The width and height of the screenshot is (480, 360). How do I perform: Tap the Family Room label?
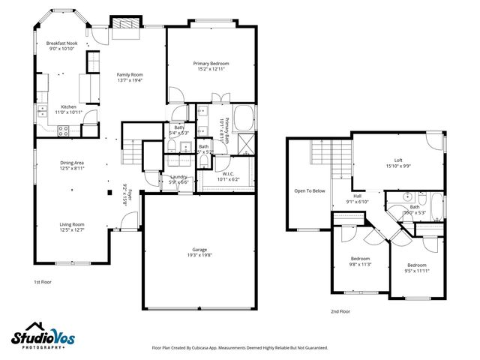tap(129, 74)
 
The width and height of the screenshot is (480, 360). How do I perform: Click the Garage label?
tap(199, 249)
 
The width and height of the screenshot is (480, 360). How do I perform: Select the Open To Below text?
tap(310, 190)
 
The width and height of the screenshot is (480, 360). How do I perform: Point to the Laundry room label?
tap(178, 176)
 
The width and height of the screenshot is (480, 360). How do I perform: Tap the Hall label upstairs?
tap(358, 196)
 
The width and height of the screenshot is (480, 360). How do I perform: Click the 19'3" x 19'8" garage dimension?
tap(199, 255)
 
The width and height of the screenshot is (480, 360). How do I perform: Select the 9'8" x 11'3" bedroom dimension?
tap(361, 264)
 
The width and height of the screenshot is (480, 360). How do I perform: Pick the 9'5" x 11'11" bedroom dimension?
tap(416, 271)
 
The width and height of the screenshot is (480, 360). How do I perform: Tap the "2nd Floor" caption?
tap(340, 310)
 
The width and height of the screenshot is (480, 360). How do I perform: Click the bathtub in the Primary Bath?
tap(243, 118)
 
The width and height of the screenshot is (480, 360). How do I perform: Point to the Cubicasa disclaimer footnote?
tap(239, 348)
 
